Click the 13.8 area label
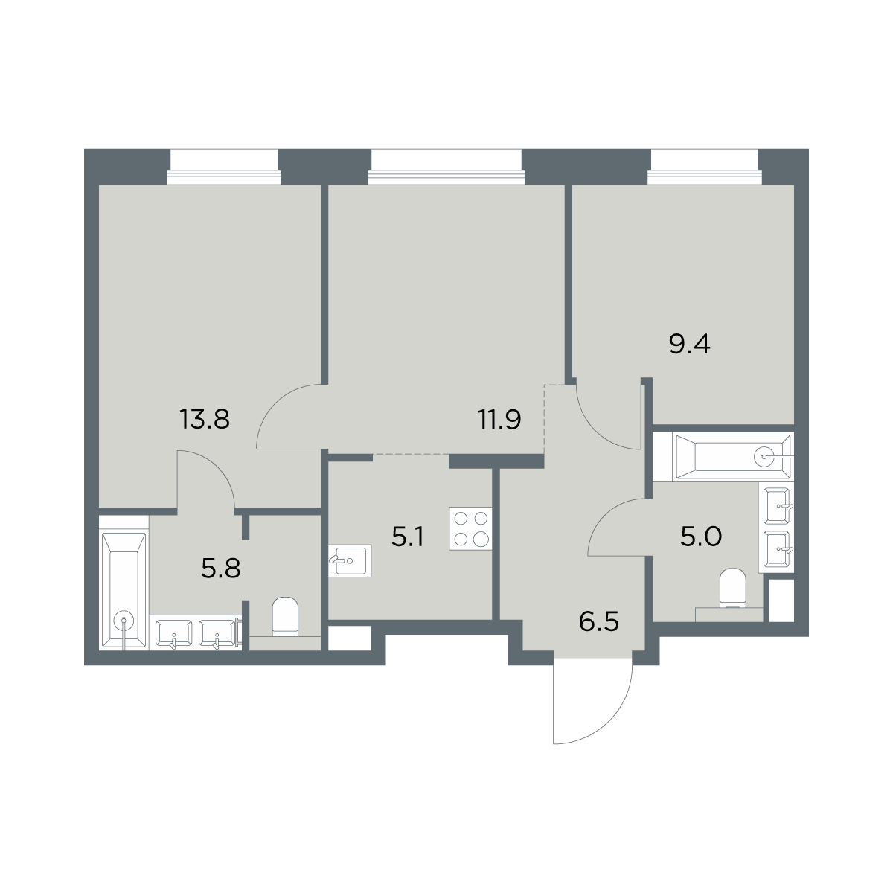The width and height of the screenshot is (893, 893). pyautogui.click(x=205, y=420)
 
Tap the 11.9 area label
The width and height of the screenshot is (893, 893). pyautogui.click(x=500, y=420)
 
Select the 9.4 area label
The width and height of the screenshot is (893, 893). pyautogui.click(x=690, y=345)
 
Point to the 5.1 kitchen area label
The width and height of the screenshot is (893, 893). pyautogui.click(x=407, y=537)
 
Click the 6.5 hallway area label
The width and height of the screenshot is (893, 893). pyautogui.click(x=599, y=621)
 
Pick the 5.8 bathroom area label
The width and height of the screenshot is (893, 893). pyautogui.click(x=221, y=569)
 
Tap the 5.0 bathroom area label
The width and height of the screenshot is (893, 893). pyautogui.click(x=701, y=537)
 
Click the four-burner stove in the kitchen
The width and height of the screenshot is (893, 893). pyautogui.click(x=470, y=529)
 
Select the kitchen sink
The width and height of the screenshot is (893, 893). pyautogui.click(x=350, y=561)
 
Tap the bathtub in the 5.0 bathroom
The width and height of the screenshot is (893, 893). pyautogui.click(x=733, y=457)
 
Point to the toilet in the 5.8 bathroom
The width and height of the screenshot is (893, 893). pyautogui.click(x=285, y=617)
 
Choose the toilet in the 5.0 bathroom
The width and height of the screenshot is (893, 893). pyautogui.click(x=733, y=588)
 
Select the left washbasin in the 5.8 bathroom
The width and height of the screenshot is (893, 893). pyautogui.click(x=174, y=633)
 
